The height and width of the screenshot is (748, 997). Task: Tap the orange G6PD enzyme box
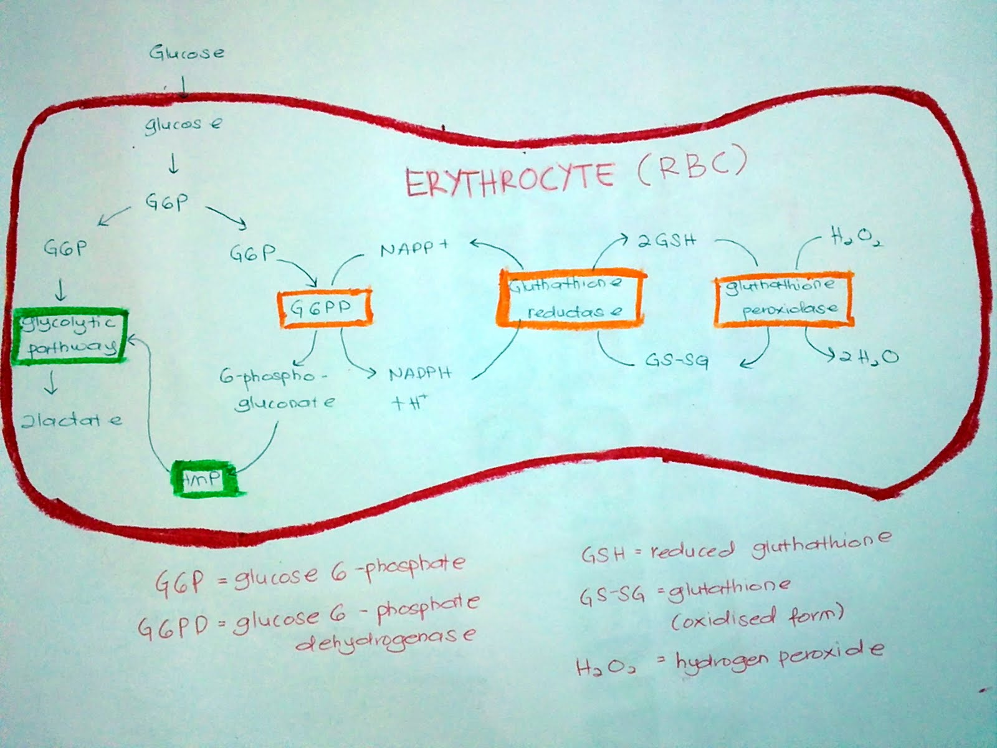click(x=324, y=309)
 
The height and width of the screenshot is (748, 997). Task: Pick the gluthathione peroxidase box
click(x=783, y=299)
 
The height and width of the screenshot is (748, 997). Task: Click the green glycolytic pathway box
click(x=69, y=335)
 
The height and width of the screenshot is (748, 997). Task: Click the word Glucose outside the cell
click(x=186, y=52)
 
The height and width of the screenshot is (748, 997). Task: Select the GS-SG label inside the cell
click(x=675, y=361)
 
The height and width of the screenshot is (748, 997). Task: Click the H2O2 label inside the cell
click(x=854, y=237)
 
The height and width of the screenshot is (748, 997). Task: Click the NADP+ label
click(x=414, y=249)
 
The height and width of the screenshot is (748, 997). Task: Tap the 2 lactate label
click(x=72, y=420)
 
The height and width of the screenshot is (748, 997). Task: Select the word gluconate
click(x=285, y=403)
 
